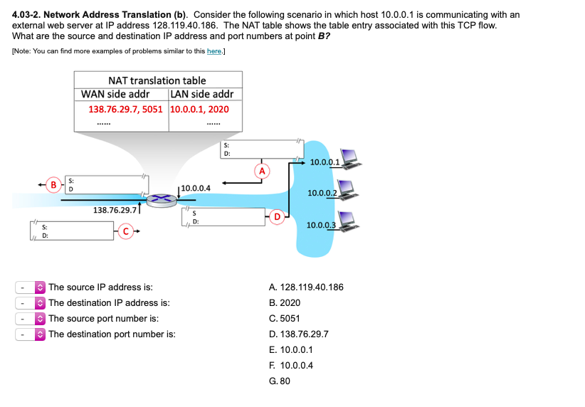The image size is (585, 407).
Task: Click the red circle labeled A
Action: click(x=263, y=171)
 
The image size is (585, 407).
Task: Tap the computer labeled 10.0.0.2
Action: click(x=347, y=189)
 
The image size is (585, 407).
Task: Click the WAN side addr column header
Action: click(x=115, y=95)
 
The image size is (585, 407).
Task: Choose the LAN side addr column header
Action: click(x=202, y=95)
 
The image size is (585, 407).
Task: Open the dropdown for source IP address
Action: click(x=31, y=287)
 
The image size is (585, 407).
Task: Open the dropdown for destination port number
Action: click(x=31, y=334)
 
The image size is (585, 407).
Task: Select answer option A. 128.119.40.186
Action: click(x=306, y=287)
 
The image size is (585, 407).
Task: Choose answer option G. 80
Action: click(x=280, y=381)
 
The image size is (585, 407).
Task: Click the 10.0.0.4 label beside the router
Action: click(x=196, y=188)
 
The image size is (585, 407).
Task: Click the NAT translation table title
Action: click(x=157, y=80)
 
